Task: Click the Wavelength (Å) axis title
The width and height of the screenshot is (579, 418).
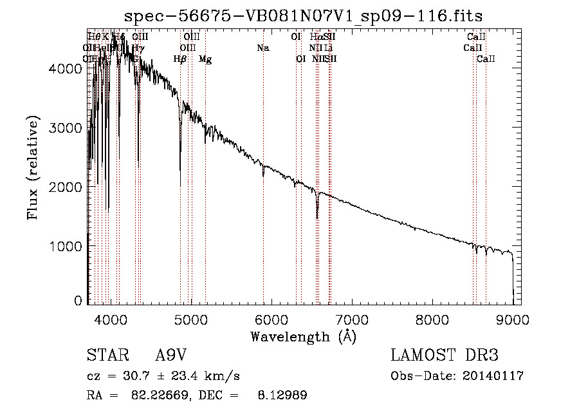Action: [x=302, y=336]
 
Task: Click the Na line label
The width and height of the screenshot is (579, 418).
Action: [x=262, y=48]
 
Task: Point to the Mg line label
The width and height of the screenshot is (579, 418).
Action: [x=205, y=59]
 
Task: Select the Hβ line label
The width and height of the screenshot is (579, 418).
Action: [x=180, y=59]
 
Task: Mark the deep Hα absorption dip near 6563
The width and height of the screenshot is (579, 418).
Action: [x=317, y=216]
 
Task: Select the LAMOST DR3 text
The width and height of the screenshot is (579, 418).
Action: [x=444, y=356]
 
